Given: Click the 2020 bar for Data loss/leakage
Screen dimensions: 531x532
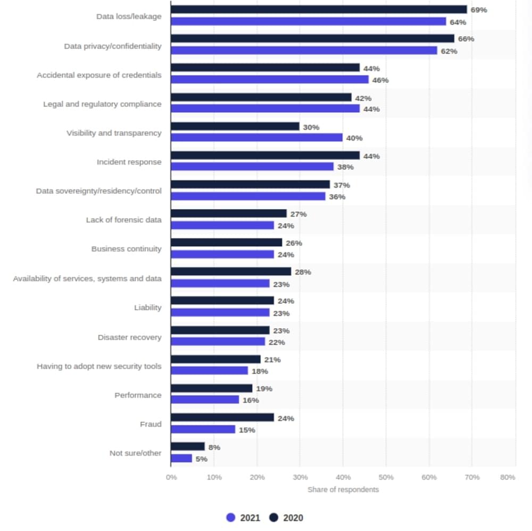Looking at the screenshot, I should [x=319, y=10].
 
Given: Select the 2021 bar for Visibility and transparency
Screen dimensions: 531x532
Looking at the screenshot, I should [x=256, y=138].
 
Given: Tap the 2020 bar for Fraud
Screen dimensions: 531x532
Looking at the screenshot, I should [x=222, y=418].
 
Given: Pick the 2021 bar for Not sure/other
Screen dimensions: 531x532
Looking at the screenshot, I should [x=181, y=459].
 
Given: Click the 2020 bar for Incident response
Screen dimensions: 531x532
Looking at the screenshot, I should [x=265, y=156].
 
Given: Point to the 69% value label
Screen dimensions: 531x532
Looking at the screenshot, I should [x=479, y=10].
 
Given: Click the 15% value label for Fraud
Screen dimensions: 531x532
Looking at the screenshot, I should [x=247, y=430].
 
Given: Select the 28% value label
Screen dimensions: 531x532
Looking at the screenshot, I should [x=303, y=272].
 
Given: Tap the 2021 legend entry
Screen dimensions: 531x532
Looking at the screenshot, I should [x=243, y=518].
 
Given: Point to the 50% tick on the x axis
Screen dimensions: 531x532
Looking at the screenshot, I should [x=386, y=477].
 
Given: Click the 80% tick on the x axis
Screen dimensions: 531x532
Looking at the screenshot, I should [x=508, y=477].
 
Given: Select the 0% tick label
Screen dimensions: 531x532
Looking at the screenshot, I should [x=171, y=477].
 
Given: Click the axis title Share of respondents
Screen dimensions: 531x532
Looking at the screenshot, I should [x=343, y=489].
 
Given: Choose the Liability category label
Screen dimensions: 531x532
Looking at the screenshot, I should [x=147, y=308].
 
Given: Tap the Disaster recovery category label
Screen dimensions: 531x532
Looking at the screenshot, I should [x=129, y=337].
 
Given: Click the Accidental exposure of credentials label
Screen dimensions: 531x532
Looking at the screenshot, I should [x=99, y=75].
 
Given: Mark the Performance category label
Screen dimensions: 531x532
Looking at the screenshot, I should [x=138, y=395].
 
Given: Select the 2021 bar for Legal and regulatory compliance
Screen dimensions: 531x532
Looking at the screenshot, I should [x=265, y=109].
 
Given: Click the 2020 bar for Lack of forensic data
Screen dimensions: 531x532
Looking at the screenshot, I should [x=229, y=213].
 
